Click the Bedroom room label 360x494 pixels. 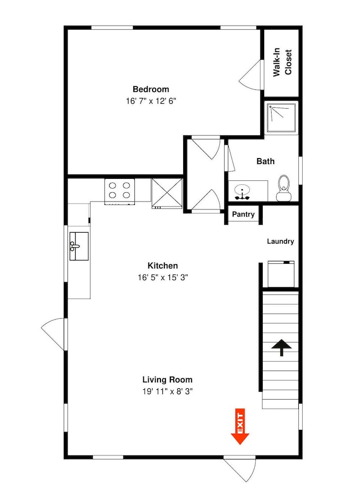(x=151, y=89)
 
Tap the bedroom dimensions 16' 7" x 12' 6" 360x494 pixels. (x=151, y=101)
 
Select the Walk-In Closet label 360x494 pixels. (x=282, y=62)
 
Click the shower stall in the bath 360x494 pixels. (x=281, y=118)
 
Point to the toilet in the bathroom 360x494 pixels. (x=283, y=188)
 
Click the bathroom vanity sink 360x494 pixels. (x=242, y=192)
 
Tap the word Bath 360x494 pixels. (x=266, y=162)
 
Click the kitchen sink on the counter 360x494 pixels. (x=79, y=246)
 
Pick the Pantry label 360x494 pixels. (x=243, y=214)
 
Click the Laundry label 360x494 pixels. (x=280, y=242)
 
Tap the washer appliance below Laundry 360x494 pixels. (x=281, y=274)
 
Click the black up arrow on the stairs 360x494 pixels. (x=281, y=347)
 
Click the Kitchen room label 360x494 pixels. (x=163, y=266)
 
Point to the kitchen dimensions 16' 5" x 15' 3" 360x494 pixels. (x=163, y=278)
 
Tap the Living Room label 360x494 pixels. (x=167, y=379)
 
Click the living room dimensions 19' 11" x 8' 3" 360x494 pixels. (x=167, y=392)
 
